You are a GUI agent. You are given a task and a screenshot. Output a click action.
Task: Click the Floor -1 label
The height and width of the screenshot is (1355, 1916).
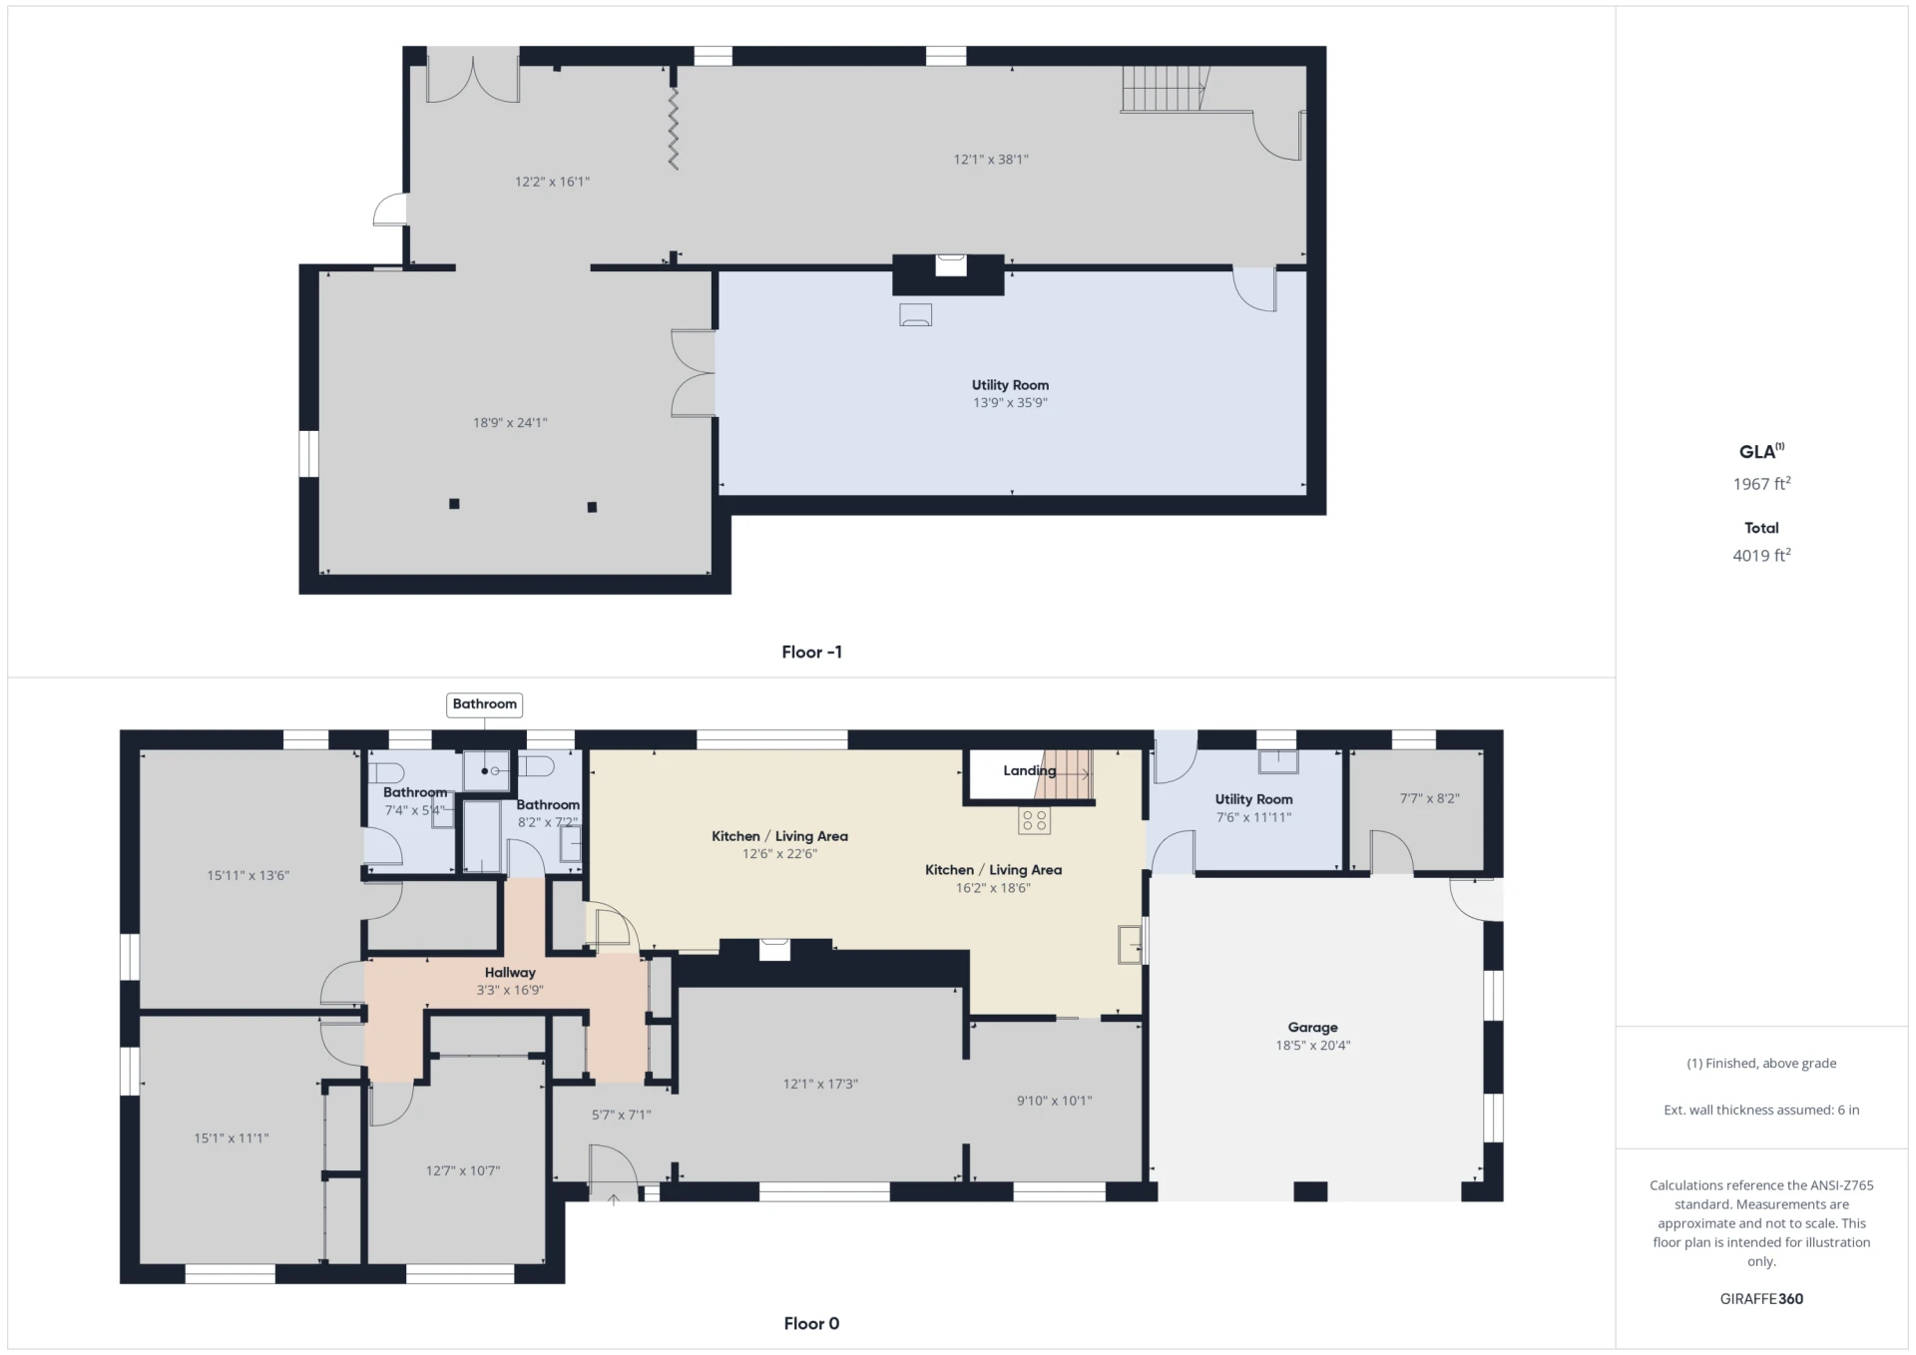(x=811, y=652)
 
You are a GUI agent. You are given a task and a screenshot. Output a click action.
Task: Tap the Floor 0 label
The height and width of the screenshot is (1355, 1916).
(x=811, y=1323)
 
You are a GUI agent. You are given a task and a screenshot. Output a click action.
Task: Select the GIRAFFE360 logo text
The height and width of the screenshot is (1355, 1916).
(x=1761, y=1298)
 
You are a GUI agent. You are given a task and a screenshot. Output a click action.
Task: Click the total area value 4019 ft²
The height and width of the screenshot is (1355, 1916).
(x=1761, y=555)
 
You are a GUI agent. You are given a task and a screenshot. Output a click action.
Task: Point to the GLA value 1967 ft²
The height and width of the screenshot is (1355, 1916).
(x=1761, y=483)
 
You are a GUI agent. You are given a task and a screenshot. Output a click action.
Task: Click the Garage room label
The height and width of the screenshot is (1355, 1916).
(x=1312, y=1028)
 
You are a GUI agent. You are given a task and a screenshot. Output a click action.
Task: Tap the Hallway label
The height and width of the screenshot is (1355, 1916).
(x=510, y=973)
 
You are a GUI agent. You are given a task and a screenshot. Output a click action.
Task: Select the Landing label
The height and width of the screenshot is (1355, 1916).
(x=1029, y=770)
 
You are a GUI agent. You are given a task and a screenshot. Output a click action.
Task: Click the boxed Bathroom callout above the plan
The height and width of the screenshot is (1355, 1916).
(x=484, y=704)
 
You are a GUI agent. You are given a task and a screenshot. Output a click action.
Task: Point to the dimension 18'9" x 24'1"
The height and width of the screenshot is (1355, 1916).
(x=510, y=422)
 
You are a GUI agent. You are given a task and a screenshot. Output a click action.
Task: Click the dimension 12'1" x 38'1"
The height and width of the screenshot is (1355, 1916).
(x=990, y=159)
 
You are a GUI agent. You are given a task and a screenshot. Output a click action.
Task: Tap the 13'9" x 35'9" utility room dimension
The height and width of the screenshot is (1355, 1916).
(x=1010, y=403)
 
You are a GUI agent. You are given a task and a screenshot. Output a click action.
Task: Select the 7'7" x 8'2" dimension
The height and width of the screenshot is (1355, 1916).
(x=1429, y=798)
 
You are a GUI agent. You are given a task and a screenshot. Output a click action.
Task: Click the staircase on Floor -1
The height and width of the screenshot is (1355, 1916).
(x=1164, y=89)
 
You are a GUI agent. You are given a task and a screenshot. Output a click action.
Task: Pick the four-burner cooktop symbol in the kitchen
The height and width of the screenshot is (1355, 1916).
(x=1035, y=820)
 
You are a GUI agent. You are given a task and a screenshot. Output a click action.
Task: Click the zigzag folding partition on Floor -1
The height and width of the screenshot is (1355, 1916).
(x=674, y=129)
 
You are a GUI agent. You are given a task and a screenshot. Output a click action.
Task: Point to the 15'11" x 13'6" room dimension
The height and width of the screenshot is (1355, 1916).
(x=247, y=876)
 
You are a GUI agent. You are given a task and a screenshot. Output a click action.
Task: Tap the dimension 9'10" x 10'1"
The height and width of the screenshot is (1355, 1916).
(x=1054, y=1101)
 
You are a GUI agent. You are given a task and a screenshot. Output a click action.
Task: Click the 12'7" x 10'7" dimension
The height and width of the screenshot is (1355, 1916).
(x=463, y=1170)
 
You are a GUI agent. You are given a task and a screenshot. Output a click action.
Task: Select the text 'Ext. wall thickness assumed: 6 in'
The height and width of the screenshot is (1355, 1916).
(x=1761, y=1110)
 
